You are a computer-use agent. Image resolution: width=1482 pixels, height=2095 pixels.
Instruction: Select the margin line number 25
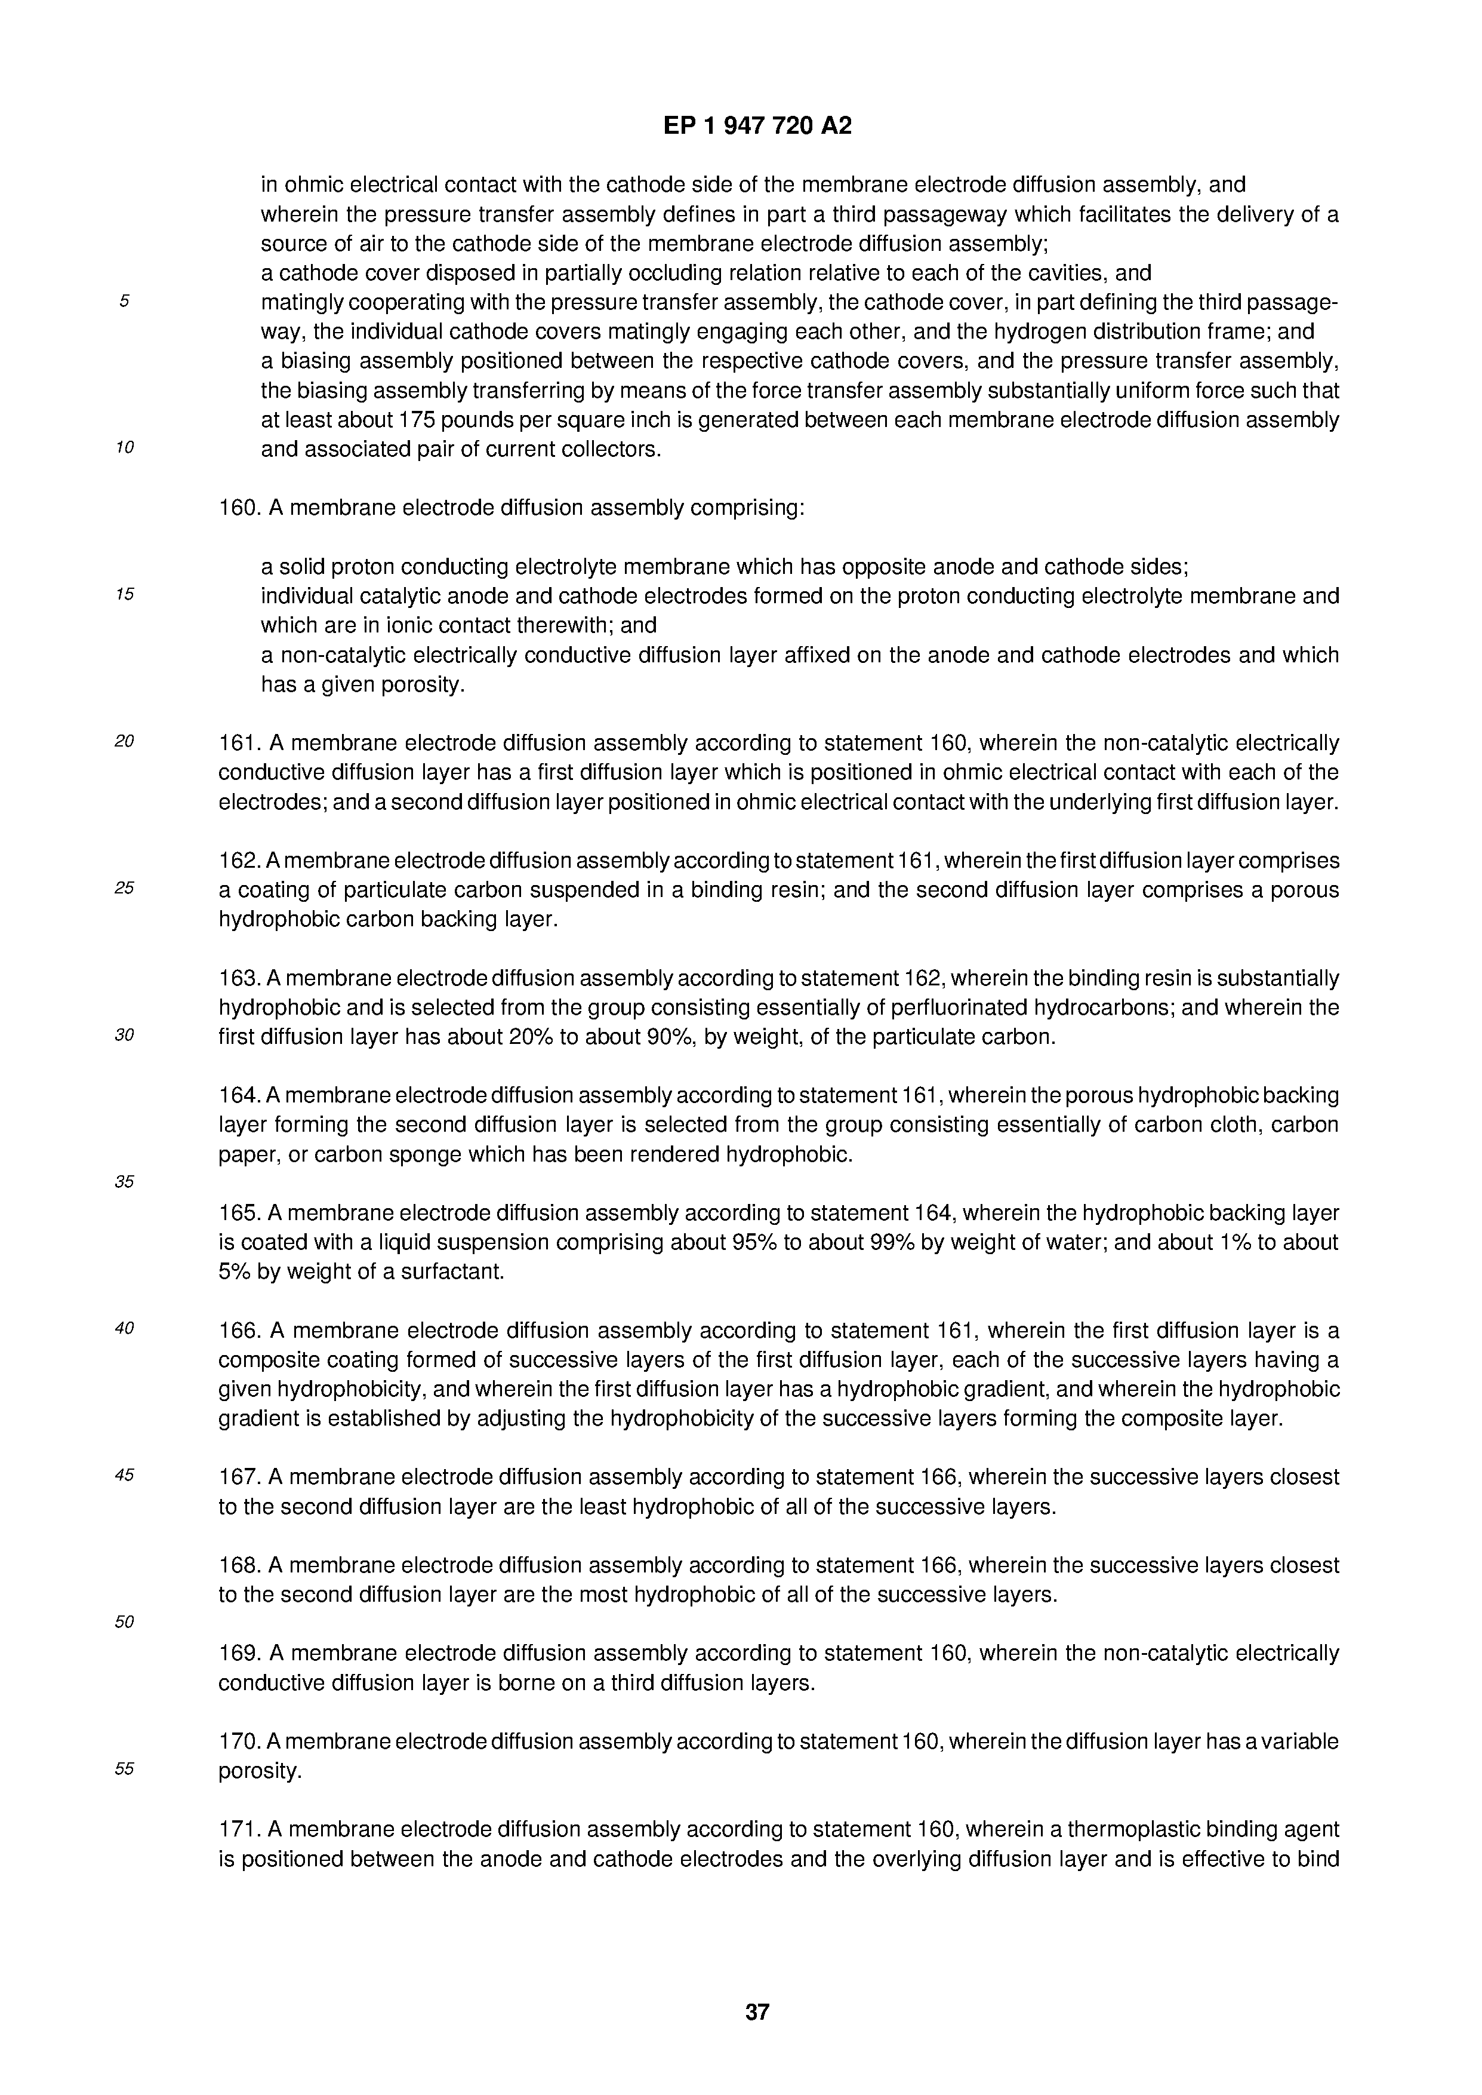[x=124, y=887]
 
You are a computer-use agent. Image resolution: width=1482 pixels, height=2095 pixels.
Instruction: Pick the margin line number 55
[x=124, y=1768]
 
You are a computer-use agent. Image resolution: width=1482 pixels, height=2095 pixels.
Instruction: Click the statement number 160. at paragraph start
[x=239, y=508]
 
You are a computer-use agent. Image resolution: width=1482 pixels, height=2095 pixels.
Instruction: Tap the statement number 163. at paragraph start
[x=239, y=979]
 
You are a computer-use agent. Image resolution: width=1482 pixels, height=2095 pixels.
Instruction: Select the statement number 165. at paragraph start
[x=239, y=1213]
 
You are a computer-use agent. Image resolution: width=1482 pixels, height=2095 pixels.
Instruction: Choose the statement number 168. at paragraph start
[x=239, y=1565]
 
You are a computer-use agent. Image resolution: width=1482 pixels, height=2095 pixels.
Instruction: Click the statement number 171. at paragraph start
[x=239, y=1829]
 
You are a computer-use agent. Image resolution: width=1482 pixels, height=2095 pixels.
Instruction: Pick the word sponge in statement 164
[x=424, y=1155]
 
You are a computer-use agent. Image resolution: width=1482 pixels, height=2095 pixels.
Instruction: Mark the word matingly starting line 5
[x=301, y=302]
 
